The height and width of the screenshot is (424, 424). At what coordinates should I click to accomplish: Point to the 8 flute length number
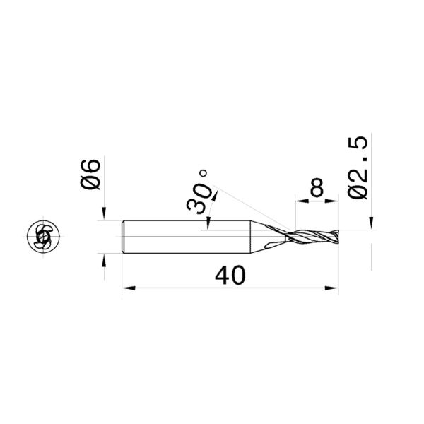coord(316,188)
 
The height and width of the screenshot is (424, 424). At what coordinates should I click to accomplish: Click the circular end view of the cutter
coord(42,237)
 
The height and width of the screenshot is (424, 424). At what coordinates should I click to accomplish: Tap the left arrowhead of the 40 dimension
coord(127,288)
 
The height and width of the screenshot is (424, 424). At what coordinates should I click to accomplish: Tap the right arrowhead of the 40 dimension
coord(333,288)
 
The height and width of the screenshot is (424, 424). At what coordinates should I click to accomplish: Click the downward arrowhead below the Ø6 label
coord(104,213)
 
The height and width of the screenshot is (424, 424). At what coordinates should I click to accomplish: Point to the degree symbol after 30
coord(204,172)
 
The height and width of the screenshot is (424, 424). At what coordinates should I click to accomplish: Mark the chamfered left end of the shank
coord(124,237)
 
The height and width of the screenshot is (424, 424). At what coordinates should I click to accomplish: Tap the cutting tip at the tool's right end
coord(337,237)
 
